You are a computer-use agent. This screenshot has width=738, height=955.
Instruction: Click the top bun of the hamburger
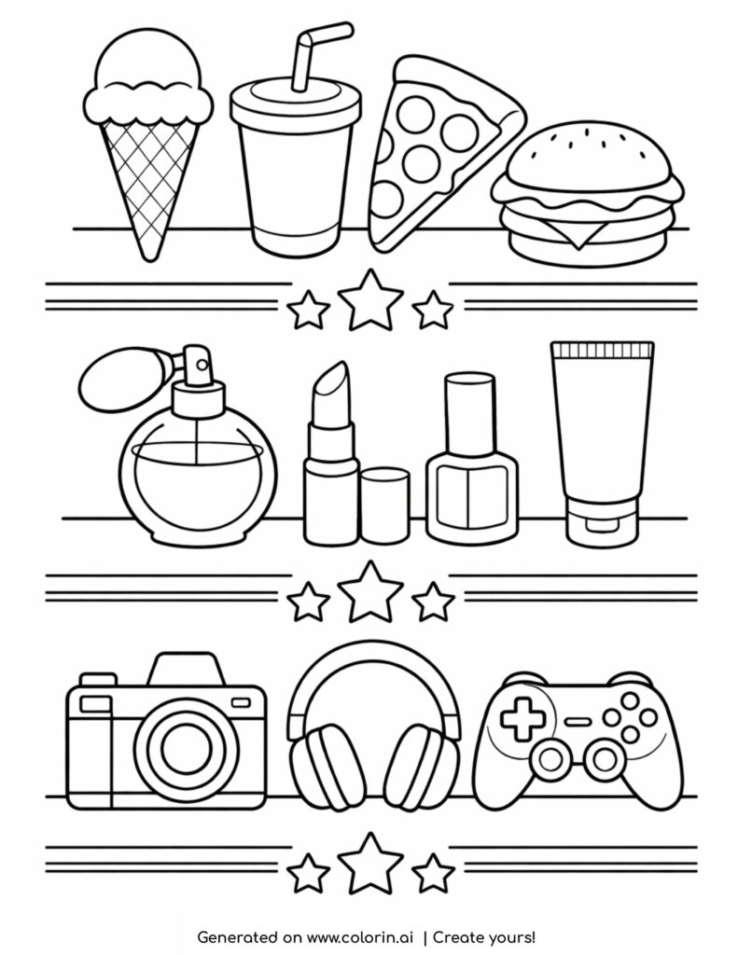click(x=589, y=159)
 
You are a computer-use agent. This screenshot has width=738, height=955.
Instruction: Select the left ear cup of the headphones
click(x=322, y=765)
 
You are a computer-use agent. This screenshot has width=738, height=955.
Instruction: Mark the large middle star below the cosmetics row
click(x=370, y=588)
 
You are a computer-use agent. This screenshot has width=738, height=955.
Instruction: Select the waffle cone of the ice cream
click(x=148, y=177)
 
